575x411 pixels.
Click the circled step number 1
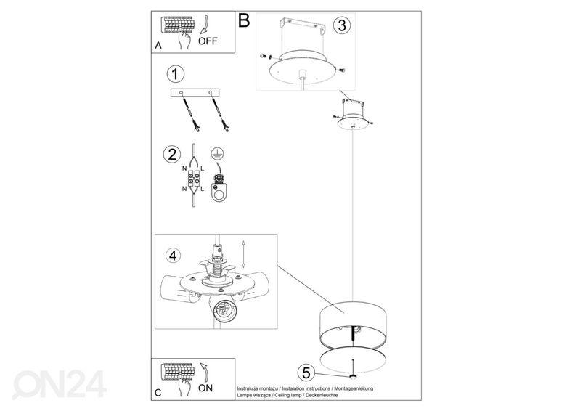tap(175, 74)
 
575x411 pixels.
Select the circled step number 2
tap(172, 155)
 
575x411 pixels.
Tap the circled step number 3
tap(342, 25)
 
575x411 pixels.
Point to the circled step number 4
tap(173, 256)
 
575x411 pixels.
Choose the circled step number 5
tap(306, 373)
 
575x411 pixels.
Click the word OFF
tap(208, 41)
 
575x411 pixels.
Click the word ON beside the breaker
tap(205, 388)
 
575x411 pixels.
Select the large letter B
tap(244, 20)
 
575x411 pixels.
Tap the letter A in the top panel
tap(158, 45)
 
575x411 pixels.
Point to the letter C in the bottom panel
tap(158, 393)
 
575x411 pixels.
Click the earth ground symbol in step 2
tap(218, 154)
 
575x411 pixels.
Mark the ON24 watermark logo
tap(59, 385)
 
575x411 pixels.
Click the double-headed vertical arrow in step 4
tap(243, 255)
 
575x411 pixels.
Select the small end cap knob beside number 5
tap(353, 377)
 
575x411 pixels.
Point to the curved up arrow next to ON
tap(205, 372)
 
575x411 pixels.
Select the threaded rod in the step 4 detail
tap(218, 267)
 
